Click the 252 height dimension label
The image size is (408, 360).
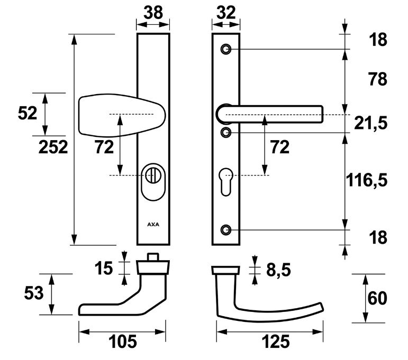(x=53, y=147)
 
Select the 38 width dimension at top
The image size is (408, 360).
(x=153, y=13)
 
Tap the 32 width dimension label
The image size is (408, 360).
(x=226, y=13)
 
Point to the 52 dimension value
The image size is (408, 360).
(x=28, y=113)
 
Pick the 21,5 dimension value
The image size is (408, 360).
(x=370, y=123)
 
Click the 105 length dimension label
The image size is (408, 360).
(x=122, y=342)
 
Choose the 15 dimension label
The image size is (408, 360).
(x=104, y=268)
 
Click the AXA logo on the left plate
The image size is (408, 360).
(x=153, y=224)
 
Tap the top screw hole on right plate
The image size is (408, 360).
(x=226, y=49)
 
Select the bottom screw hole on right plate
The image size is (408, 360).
(x=226, y=230)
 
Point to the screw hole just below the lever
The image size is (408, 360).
(x=226, y=132)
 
